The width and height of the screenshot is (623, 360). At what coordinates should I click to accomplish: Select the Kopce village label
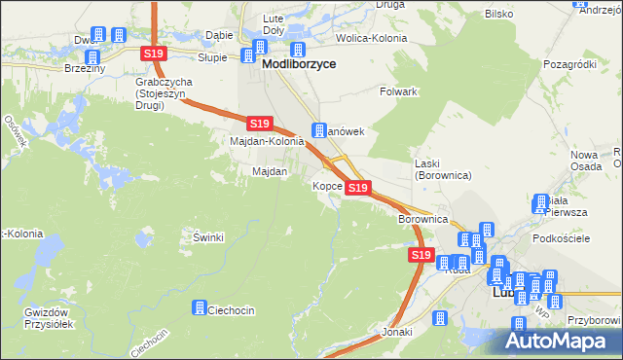(326, 185)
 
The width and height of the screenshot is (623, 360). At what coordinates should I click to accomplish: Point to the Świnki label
(209, 236)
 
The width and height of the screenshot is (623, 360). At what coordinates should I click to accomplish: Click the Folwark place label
(397, 91)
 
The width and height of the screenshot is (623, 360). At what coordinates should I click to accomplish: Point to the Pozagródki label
(571, 63)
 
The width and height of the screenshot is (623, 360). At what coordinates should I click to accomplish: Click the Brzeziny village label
(82, 56)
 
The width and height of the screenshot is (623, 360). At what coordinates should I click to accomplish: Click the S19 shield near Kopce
(358, 187)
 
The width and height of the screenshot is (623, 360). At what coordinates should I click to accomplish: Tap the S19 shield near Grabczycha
(152, 54)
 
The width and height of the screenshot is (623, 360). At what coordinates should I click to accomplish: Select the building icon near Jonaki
(438, 318)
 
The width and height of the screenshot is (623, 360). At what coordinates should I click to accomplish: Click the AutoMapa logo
(559, 341)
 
